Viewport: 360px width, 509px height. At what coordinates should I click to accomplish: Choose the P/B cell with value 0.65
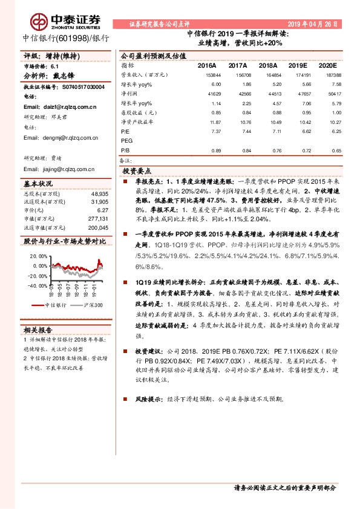pos(328,150)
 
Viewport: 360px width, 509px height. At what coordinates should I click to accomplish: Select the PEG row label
pos(126,140)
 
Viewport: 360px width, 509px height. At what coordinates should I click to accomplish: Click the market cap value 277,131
pos(97,218)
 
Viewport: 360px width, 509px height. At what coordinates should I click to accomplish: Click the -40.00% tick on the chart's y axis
pos(36,286)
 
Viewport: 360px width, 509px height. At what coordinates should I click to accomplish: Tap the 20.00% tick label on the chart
pos(38,256)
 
